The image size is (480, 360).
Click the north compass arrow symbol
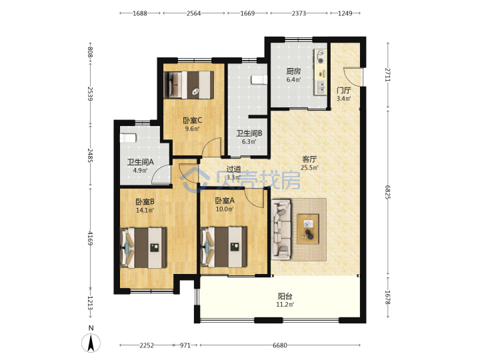point(91,343)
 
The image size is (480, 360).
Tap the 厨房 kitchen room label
point(293,71)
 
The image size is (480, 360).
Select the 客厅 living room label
point(309,159)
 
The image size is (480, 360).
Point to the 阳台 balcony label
point(285,296)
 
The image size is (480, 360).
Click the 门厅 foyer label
point(343,90)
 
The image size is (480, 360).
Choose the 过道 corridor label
point(233,169)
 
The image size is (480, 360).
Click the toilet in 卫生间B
point(259,79)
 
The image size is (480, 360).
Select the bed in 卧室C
point(189,85)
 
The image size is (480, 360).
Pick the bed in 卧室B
point(143,247)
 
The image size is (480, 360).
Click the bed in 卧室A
point(224,247)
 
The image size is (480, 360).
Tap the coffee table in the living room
point(308,229)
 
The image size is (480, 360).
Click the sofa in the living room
point(281,229)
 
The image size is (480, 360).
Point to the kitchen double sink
point(321,87)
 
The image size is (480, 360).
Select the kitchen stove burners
point(321,57)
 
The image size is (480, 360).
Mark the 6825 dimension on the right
point(388,192)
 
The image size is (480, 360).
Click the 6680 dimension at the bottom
point(280,345)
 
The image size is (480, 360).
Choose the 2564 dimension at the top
point(194,13)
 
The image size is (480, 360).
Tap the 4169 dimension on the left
point(90,238)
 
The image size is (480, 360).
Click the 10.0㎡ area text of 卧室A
point(225,209)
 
